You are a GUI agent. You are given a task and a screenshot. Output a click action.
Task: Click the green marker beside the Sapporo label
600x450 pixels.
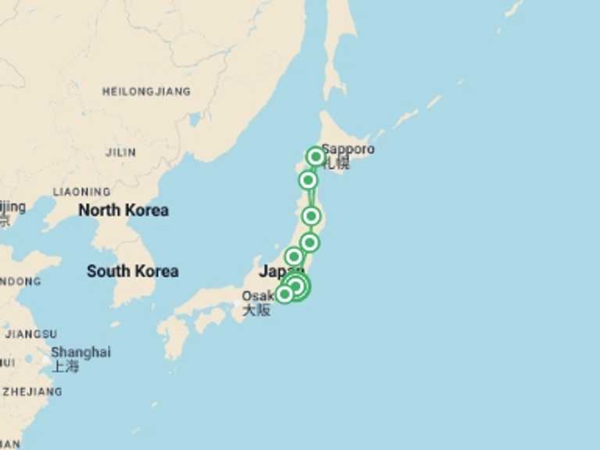point(315,156)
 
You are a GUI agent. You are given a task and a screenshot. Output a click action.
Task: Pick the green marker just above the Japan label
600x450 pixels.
point(294,256)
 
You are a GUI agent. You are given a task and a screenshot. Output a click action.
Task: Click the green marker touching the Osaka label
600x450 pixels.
point(284,294)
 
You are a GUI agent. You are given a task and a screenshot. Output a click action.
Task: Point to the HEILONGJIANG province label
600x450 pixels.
point(146,91)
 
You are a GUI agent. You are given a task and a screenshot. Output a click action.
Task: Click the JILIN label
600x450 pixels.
point(120,152)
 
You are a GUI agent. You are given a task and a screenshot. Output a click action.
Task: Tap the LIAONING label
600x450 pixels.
point(81,191)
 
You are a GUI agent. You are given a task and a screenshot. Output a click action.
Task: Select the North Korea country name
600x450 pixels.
point(123,210)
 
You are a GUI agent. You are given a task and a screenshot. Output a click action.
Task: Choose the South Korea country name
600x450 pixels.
point(132,271)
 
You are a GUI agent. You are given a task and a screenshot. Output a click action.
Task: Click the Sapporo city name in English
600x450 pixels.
point(348,148)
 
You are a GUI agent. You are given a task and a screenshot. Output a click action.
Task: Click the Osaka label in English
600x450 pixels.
point(256,296)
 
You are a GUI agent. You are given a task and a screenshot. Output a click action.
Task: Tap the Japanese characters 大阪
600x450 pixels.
point(255,310)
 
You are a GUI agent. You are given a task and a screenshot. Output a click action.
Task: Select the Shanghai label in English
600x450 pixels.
point(80,352)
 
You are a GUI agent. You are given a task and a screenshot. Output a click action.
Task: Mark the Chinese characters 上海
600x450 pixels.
point(66,366)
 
